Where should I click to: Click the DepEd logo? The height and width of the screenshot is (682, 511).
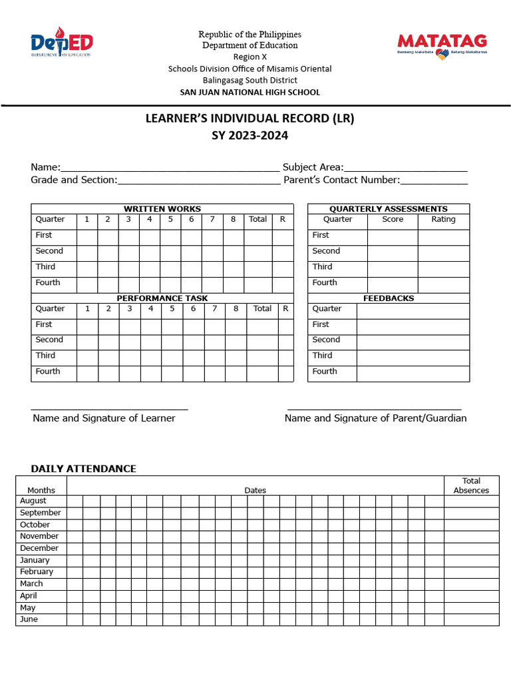click(61, 43)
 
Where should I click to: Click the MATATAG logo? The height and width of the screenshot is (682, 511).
click(442, 45)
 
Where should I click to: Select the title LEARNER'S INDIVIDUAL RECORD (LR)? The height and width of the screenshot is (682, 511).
click(250, 119)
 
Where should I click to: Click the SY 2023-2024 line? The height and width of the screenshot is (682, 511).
click(250, 136)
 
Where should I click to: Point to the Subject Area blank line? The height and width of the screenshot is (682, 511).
click(406, 169)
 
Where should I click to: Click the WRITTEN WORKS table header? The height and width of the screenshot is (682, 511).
click(162, 209)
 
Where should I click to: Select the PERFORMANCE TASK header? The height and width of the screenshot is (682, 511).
click(162, 298)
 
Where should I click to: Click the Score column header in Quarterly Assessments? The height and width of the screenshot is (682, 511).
click(393, 220)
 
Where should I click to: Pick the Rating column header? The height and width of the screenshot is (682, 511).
click(444, 220)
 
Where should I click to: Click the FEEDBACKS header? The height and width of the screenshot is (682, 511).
click(389, 298)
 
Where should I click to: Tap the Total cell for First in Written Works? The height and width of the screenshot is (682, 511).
click(257, 236)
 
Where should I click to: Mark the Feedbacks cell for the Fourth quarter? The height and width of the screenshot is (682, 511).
click(413, 372)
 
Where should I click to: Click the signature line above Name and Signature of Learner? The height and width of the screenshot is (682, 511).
click(110, 408)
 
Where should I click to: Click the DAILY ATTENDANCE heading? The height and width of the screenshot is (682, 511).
click(84, 469)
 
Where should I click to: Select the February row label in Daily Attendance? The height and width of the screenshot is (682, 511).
click(37, 572)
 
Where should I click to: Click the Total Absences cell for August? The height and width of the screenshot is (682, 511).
click(471, 502)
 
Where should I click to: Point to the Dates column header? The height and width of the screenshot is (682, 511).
click(255, 491)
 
